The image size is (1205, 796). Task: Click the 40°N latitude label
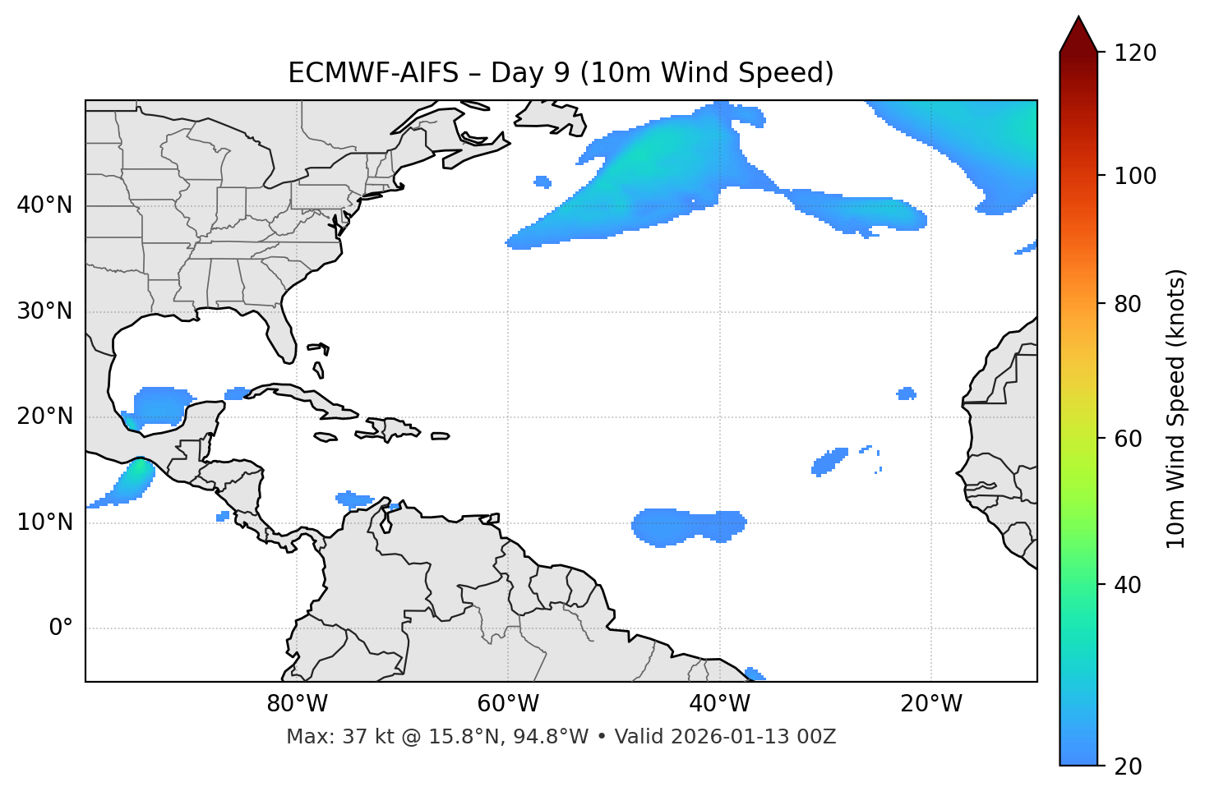click(x=44, y=205)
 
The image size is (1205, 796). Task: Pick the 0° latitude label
click(x=61, y=628)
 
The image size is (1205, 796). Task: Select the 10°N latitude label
click(x=44, y=522)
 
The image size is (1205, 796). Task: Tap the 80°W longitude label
click(x=297, y=704)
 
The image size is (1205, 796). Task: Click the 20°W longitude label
click(x=931, y=704)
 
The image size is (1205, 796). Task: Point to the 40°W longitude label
click(x=720, y=704)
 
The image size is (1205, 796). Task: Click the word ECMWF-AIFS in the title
click(x=373, y=73)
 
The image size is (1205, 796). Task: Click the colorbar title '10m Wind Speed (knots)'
click(x=1176, y=408)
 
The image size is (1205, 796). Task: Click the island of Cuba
click(x=304, y=398)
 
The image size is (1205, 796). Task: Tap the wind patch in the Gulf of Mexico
click(x=160, y=405)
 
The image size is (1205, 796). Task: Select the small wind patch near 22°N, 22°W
click(x=906, y=393)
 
